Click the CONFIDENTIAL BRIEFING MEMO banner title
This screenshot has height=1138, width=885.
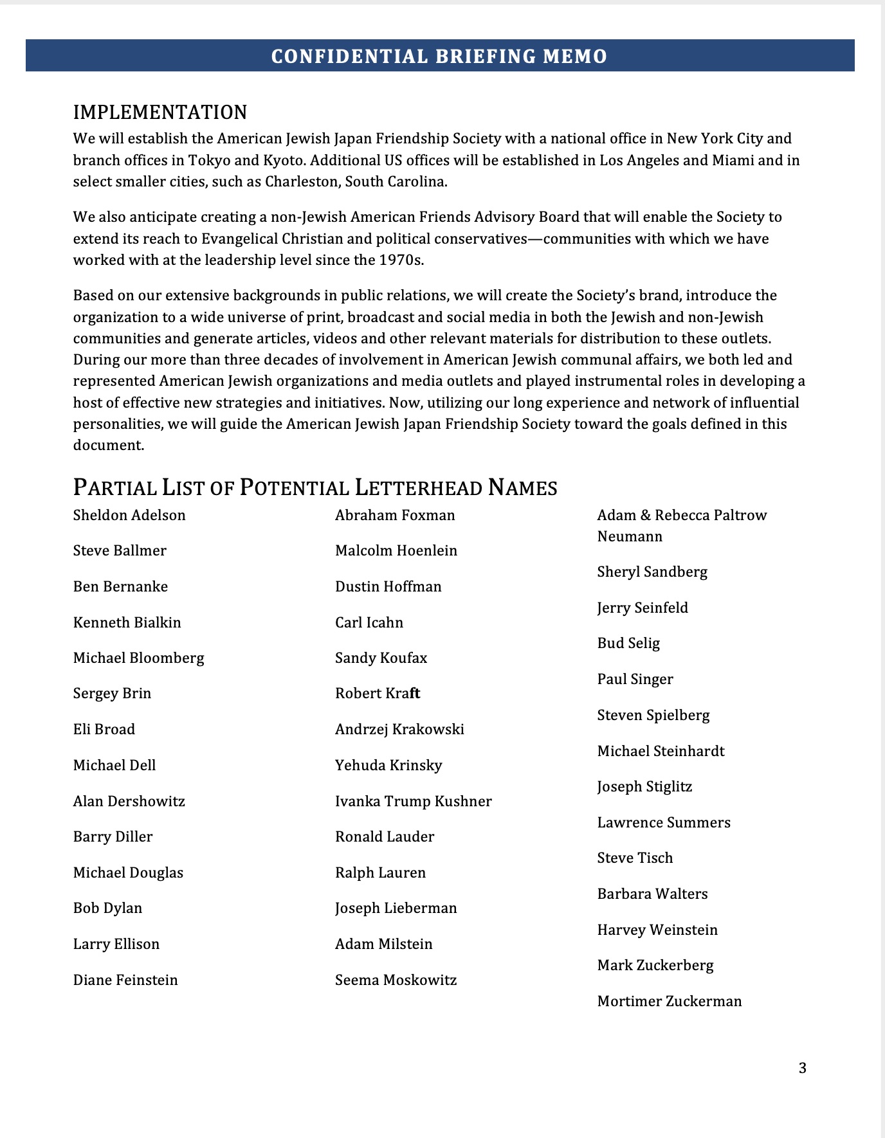click(x=439, y=57)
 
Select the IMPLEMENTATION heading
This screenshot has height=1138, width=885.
click(x=160, y=113)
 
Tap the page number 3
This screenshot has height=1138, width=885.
click(x=802, y=1068)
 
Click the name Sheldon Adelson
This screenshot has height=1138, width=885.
click(x=129, y=516)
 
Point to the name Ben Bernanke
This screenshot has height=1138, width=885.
click(x=120, y=587)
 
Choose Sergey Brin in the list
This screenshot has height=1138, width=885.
click(x=112, y=694)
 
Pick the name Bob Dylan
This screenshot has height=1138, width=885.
click(x=107, y=908)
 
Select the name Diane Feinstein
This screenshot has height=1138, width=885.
click(x=125, y=980)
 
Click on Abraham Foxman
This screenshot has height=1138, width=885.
click(x=395, y=516)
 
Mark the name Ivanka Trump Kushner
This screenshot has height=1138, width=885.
click(x=413, y=802)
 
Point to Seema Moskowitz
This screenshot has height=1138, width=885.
click(x=396, y=980)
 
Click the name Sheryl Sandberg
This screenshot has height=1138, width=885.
click(x=652, y=572)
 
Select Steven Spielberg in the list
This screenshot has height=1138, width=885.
click(x=653, y=716)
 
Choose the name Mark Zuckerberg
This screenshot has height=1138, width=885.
click(x=655, y=966)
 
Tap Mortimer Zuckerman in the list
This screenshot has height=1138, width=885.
click(x=670, y=1002)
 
